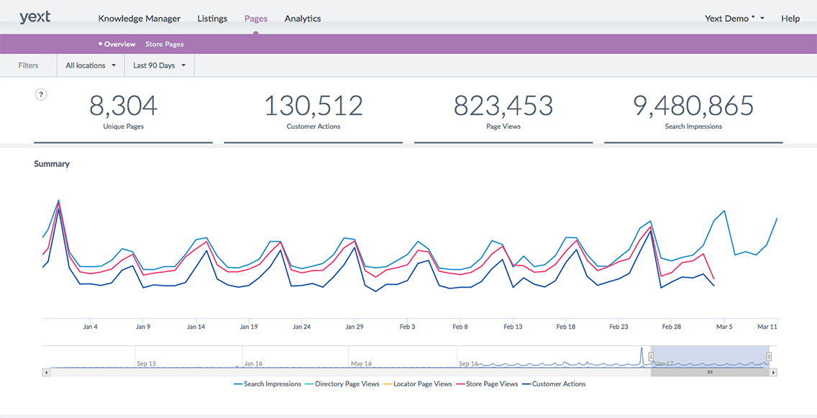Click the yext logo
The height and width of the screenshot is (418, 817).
coord(35,17)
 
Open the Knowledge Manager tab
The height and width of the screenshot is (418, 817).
coord(139,19)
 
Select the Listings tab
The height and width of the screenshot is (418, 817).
coord(212,19)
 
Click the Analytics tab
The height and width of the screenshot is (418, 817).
coord(302,19)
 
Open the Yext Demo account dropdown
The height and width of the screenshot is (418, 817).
coord(734,19)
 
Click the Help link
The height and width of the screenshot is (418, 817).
coord(790,19)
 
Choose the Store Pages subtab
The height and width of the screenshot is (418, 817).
coord(165,45)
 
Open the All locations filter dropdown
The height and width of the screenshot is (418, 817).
coord(91,65)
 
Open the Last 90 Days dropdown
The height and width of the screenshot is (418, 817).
coord(160,65)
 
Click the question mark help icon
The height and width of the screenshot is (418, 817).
coord(42,94)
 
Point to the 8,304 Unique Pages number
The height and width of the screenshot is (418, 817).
coord(123,106)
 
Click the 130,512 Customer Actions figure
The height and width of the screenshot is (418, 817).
coord(313,106)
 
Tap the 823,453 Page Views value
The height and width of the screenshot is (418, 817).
coord(503,106)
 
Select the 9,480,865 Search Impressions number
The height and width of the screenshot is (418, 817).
coord(693,106)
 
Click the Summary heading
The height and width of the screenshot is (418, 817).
coord(52,164)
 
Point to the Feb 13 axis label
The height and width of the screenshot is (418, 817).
coord(513,327)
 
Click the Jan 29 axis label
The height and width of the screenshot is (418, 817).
coord(354,327)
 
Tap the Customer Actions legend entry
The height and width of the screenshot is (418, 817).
coord(558,384)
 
